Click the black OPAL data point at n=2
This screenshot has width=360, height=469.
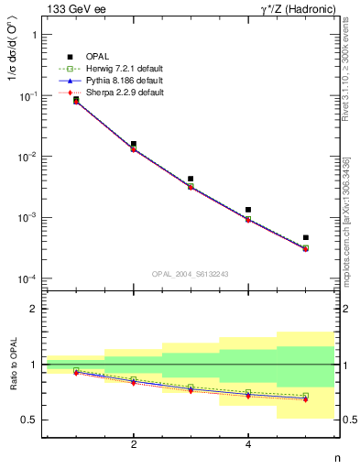click(x=134, y=144)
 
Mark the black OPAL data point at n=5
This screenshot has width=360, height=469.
click(x=306, y=237)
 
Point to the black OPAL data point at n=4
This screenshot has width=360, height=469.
click(x=248, y=210)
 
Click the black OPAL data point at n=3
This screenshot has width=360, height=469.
click(x=191, y=179)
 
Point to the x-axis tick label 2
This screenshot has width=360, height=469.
click(x=134, y=445)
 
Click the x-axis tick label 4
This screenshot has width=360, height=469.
click(x=248, y=445)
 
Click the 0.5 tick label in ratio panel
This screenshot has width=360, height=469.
click(x=30, y=420)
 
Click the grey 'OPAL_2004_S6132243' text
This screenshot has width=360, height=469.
click(x=190, y=274)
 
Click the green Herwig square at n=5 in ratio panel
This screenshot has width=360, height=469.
click(x=306, y=396)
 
